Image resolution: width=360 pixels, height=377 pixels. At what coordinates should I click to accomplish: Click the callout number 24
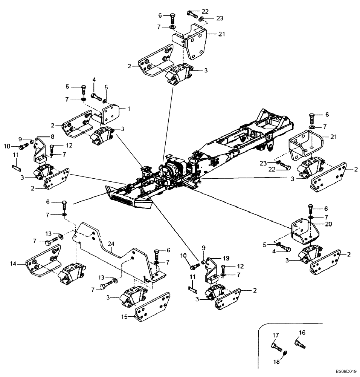click(x=111, y=244)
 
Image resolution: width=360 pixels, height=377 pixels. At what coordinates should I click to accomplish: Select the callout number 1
click(x=128, y=108)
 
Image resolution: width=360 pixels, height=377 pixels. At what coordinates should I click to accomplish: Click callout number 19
click(x=225, y=258)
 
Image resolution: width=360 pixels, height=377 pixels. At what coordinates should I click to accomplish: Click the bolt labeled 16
click(x=300, y=343)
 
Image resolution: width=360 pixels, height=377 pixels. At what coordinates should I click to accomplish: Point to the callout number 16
click(x=302, y=332)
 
